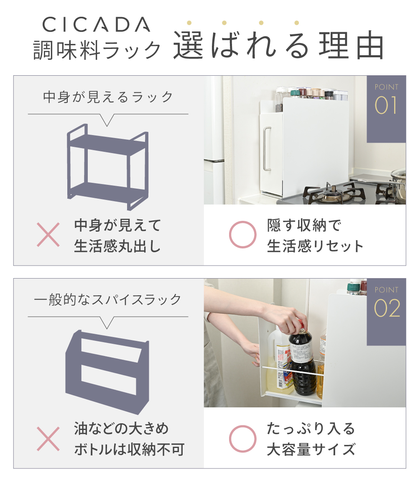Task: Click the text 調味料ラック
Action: pos(97,49)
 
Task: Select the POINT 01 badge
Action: pos(386,109)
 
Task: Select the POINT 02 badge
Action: pos(386,312)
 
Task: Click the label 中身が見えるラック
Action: pos(108,97)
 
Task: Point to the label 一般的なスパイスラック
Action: pos(108,299)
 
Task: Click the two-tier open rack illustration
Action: pos(107,167)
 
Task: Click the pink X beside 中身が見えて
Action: pos(48,235)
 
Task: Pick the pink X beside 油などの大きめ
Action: pos(48,438)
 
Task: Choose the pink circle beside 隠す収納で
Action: pos(242,235)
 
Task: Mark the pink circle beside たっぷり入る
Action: pos(242,438)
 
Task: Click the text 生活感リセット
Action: pos(315,246)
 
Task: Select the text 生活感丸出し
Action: pos(117,246)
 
